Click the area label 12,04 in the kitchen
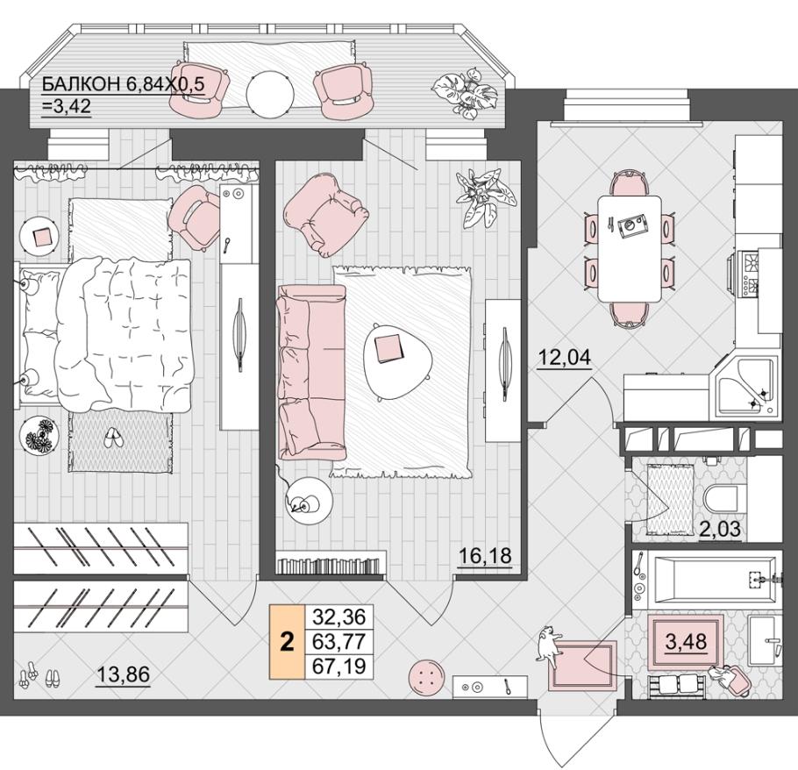[565, 357]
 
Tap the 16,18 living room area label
[485, 555]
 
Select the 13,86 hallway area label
[123, 674]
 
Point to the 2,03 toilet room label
[719, 530]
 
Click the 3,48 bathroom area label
[686, 641]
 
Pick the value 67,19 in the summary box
[339, 666]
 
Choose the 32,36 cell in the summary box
[339, 617]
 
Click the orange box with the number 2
[287, 642]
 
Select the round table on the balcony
[270, 94]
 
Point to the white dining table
[629, 248]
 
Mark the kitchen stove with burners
[747, 274]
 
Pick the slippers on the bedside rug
[112, 438]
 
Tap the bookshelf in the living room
[329, 566]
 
